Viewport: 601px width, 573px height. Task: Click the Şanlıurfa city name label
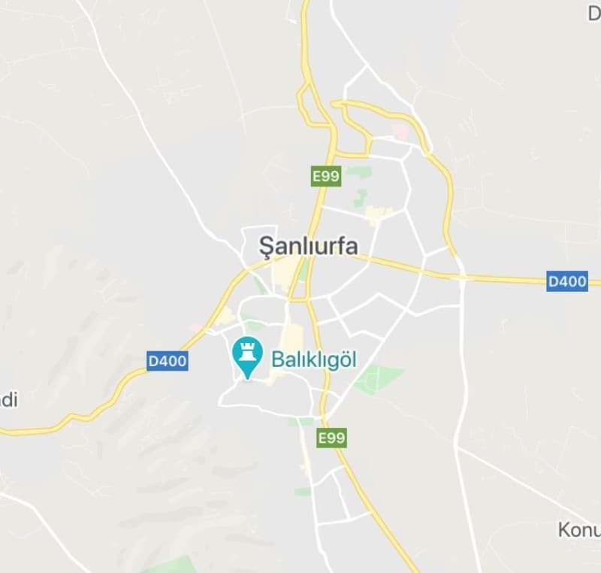308,245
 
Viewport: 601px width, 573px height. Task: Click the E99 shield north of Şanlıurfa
326,177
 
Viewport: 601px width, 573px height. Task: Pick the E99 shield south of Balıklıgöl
331,438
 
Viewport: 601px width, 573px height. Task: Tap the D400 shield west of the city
167,362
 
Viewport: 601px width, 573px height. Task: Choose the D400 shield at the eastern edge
566,282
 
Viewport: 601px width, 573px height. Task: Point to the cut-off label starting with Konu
578,530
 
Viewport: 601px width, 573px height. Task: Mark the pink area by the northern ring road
400,132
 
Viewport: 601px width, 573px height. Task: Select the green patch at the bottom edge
172,565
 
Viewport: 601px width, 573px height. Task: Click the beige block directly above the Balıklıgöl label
291,335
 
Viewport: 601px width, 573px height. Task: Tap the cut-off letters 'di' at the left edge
8,399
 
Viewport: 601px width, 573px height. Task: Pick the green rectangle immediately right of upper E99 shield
359,172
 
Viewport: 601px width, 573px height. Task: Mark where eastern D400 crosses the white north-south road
461,277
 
